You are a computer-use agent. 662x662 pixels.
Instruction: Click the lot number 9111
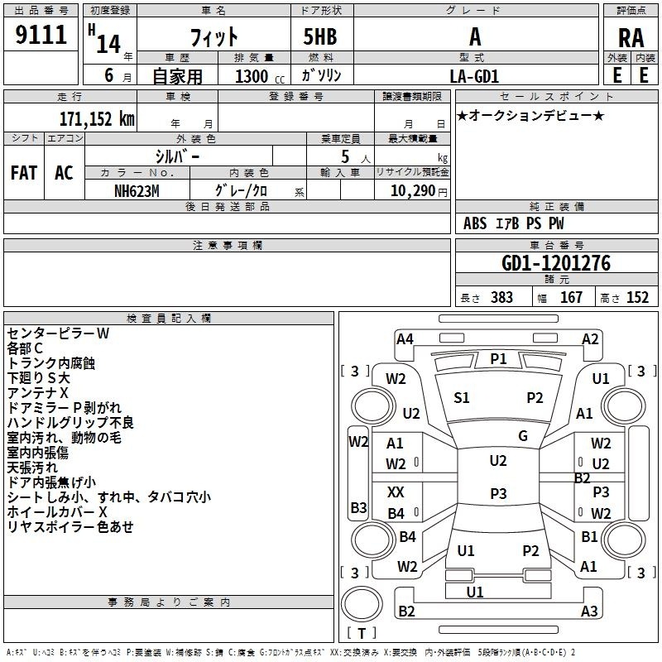coord(41,35)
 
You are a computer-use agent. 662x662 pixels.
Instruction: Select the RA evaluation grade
coord(631,38)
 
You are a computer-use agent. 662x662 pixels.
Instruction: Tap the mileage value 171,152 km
coord(97,118)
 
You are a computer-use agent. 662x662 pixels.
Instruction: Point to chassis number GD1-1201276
coord(556,263)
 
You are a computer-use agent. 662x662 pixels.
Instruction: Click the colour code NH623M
coord(137,191)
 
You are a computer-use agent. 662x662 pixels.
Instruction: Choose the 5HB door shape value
coord(320,36)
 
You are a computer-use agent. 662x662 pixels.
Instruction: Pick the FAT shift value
coord(24,173)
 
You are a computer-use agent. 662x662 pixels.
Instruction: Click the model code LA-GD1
coord(474,76)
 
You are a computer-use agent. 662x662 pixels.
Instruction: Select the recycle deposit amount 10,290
coord(413,191)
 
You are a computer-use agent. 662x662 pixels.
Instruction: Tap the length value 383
coord(501,297)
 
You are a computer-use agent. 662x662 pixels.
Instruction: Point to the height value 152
coord(637,297)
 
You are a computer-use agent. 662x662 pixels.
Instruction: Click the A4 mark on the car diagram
coord(405,339)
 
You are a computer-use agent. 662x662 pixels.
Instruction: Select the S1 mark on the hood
coord(462,398)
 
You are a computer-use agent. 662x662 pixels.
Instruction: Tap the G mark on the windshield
coord(523,435)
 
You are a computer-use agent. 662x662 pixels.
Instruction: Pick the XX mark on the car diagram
coord(396,492)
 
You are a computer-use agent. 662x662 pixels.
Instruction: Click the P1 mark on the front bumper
coord(498,359)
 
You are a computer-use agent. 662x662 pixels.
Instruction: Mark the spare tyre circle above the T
coord(362,604)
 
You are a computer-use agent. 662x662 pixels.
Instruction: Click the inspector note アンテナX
coord(37,392)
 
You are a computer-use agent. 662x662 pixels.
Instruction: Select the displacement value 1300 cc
coord(260,76)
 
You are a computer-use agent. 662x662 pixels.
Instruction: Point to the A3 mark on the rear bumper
coord(589,611)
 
